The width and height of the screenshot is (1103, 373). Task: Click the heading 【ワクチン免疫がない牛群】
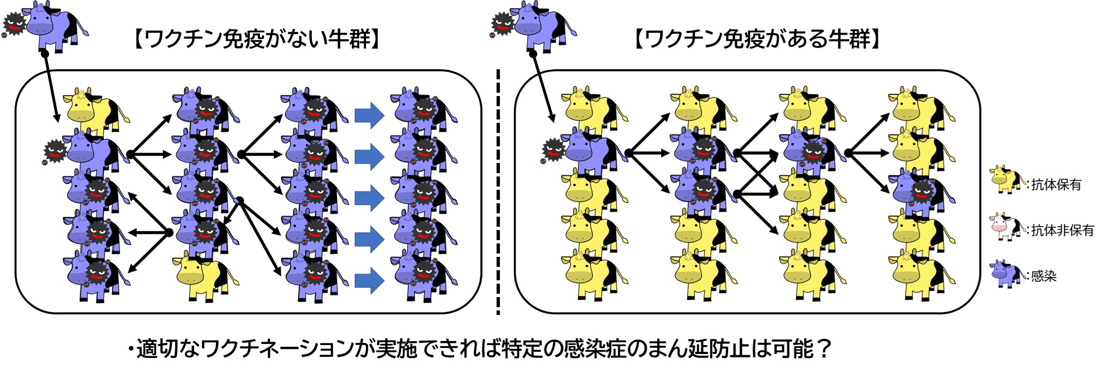[257, 40]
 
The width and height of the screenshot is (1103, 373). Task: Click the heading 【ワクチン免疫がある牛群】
[758, 40]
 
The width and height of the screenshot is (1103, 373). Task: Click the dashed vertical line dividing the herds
[498, 192]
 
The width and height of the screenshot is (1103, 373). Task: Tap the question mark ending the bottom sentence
[823, 350]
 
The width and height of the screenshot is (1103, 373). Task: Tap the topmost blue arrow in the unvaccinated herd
[369, 116]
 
